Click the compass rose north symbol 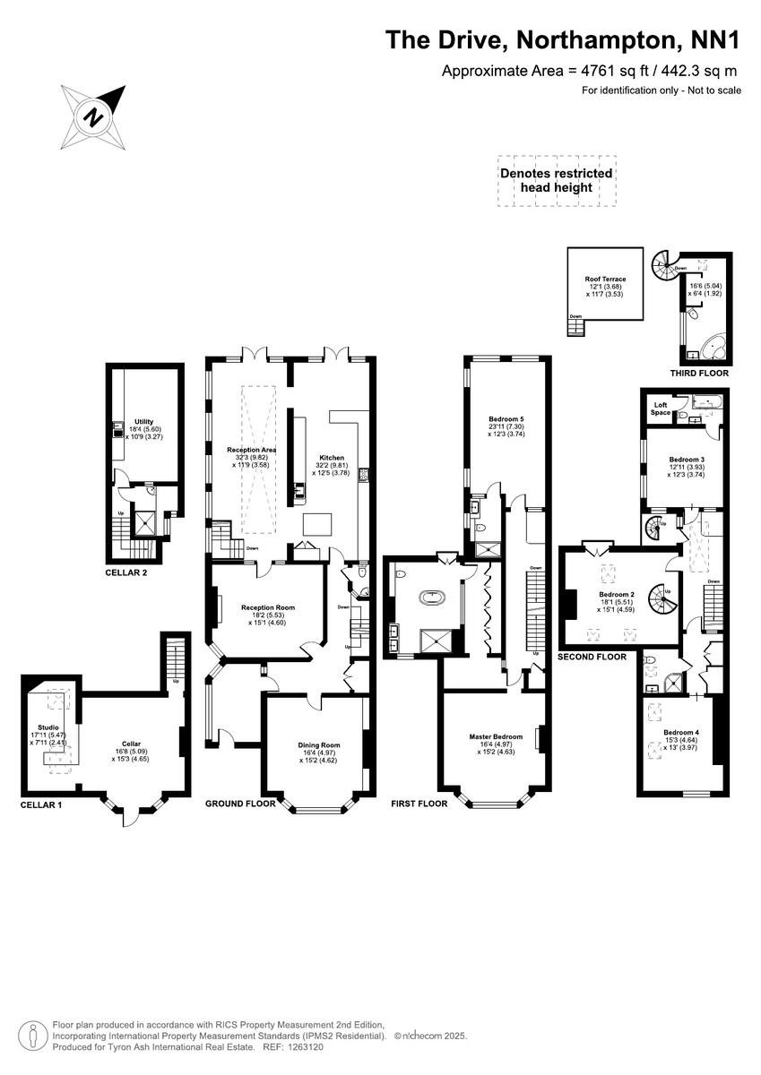(x=92, y=116)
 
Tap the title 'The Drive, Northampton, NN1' (x=563, y=40)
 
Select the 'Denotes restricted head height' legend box (x=557, y=180)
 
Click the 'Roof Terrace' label (x=605, y=279)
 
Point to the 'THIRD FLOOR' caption (x=699, y=373)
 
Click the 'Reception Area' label (x=250, y=450)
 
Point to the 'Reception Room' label (x=268, y=607)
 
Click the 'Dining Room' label (x=319, y=744)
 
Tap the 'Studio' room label (x=48, y=727)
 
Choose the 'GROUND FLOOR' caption (x=240, y=804)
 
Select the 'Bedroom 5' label (x=506, y=419)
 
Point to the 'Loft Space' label (x=660, y=409)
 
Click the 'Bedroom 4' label (x=680, y=733)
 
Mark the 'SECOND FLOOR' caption (x=591, y=657)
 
